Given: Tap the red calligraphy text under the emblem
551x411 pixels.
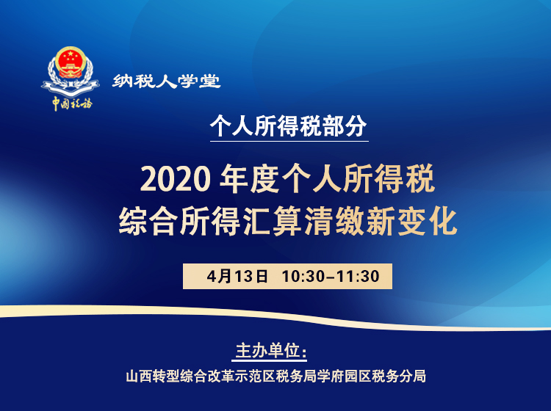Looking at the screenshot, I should click(x=71, y=103).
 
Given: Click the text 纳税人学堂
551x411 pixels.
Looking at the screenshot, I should click(x=167, y=81).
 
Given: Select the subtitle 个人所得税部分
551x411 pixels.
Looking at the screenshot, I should click(x=288, y=126).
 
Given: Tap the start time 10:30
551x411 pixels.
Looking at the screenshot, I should click(x=301, y=277).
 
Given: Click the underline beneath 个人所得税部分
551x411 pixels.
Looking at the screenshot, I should click(x=288, y=140).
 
